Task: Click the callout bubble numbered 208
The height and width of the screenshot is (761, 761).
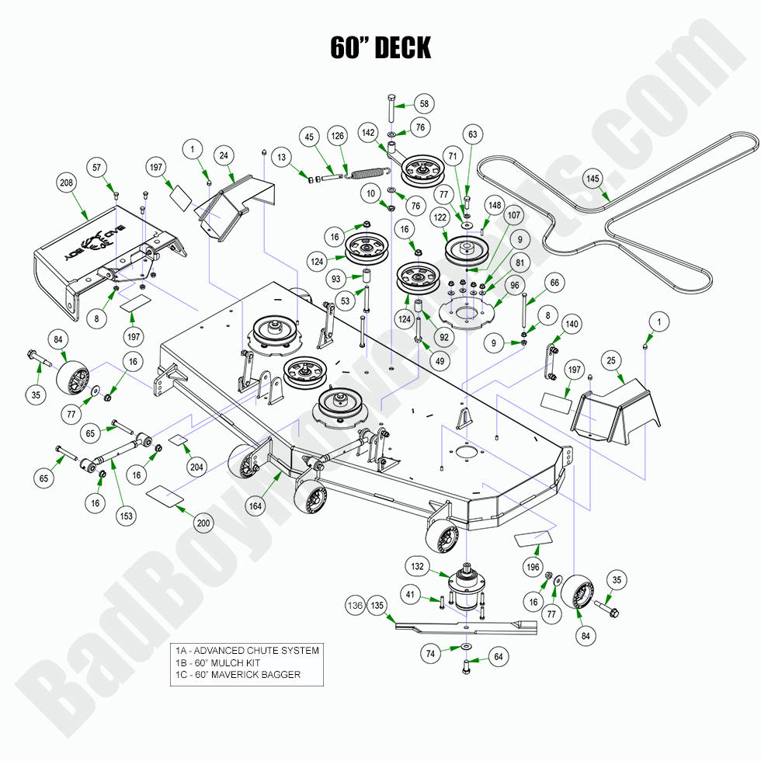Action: point(65,183)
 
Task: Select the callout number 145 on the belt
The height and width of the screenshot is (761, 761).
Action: point(593,179)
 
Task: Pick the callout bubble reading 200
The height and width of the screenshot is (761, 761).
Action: point(203,523)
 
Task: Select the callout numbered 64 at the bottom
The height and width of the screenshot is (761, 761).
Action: point(498,657)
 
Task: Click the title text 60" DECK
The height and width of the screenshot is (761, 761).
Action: point(380,47)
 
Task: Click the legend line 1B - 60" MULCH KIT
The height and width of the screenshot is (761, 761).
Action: point(217,662)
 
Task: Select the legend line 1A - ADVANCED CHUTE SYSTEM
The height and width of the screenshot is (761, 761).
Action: point(247,650)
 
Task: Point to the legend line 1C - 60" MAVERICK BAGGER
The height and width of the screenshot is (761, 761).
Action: point(238,675)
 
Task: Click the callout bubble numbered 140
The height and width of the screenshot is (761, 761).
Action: point(571,324)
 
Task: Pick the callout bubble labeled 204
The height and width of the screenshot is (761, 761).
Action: point(196,467)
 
